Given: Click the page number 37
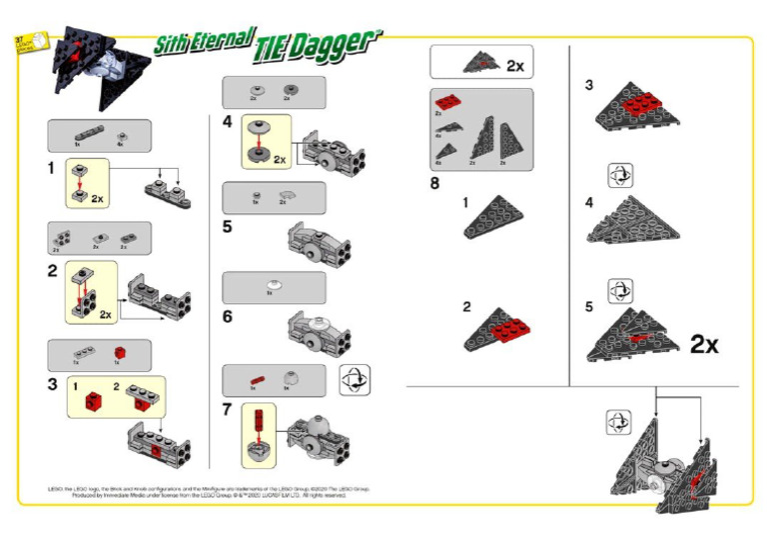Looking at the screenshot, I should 18,38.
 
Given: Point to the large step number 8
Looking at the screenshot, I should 434,183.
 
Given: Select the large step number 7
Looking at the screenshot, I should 229,410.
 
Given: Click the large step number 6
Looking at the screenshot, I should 229,316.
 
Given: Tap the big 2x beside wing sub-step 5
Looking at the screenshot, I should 703,345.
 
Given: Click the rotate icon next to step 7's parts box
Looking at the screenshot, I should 354,381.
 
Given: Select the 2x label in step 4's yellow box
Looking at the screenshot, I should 280,159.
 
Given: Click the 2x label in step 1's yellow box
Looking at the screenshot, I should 98,199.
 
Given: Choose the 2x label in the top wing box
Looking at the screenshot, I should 514,66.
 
